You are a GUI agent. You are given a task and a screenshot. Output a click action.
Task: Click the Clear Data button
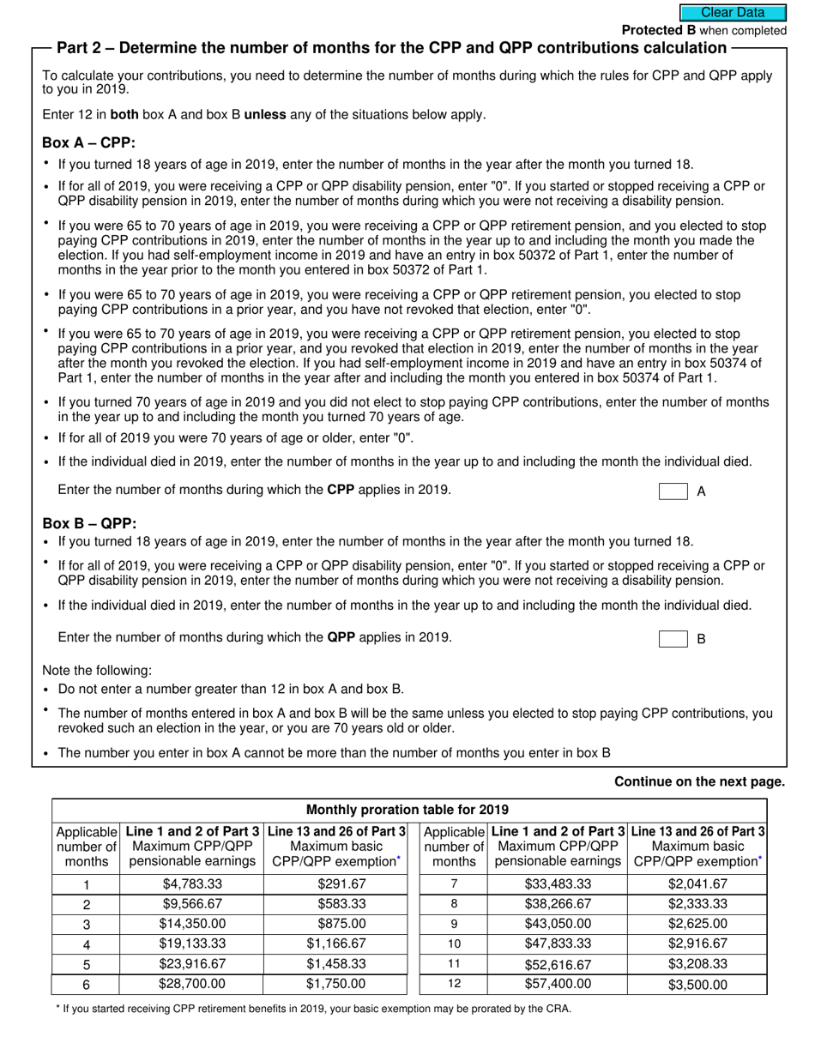coord(733,13)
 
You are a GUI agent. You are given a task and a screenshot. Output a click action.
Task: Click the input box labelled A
coord(673,491)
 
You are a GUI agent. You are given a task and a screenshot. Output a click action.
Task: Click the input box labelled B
coord(673,639)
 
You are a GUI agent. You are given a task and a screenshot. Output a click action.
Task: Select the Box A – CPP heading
coord(89,143)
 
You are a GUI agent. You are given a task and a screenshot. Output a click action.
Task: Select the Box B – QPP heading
coord(89,523)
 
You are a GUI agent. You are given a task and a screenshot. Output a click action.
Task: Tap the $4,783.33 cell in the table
coord(192,884)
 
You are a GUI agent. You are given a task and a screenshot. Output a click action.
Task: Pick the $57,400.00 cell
coord(558,984)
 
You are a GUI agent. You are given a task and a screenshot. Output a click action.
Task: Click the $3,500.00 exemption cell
coord(697,985)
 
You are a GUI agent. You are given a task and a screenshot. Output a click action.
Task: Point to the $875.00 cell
coord(341,924)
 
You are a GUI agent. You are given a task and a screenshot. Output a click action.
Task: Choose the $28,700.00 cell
coord(192,984)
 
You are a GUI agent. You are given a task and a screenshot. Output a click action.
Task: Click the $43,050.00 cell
coord(558,924)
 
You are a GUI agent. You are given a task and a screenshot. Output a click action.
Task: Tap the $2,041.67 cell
coord(697,884)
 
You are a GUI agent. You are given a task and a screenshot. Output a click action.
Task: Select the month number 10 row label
coord(454,943)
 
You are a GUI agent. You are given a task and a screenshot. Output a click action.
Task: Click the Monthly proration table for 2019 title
coord(407,810)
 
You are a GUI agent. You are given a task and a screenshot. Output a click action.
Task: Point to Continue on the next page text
coord(699,781)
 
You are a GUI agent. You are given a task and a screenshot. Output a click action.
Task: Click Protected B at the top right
coord(658,30)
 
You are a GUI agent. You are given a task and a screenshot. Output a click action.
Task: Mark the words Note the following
coord(97,671)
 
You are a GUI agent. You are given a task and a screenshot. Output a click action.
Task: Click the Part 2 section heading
coord(391,48)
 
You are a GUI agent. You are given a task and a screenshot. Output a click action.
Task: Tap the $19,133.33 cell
coord(192,943)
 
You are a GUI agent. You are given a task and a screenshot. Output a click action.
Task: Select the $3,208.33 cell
coord(697,964)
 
